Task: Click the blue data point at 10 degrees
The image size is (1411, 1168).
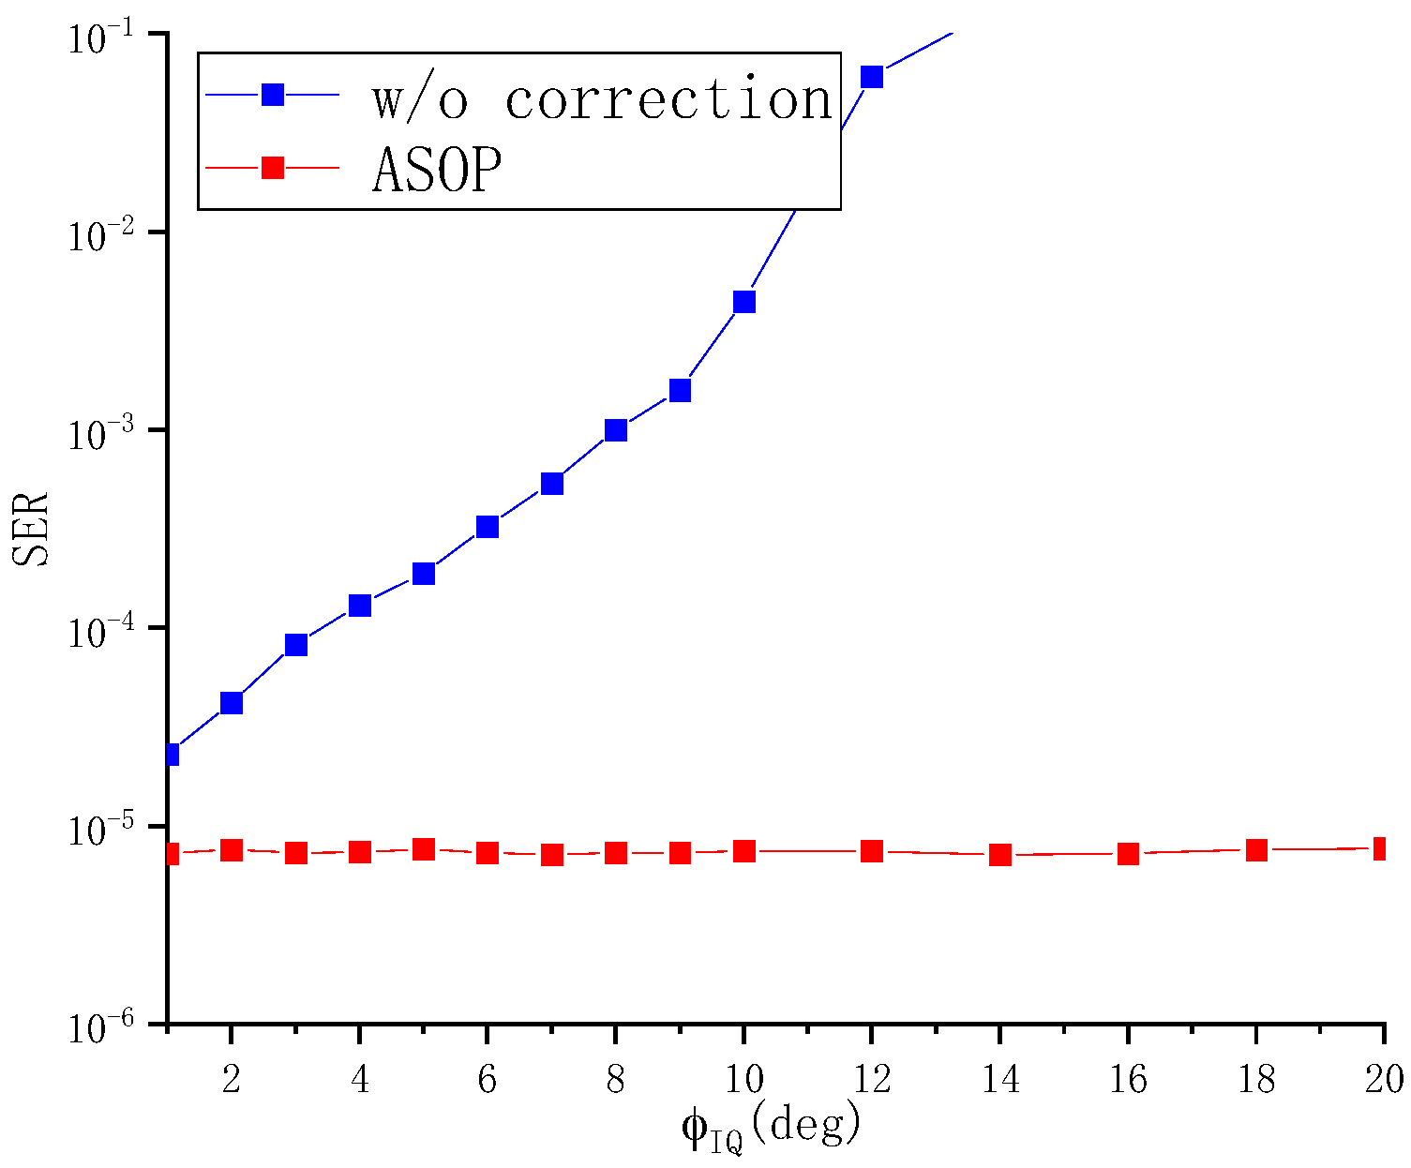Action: pyautogui.click(x=744, y=302)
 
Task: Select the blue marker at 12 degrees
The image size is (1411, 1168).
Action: pyautogui.click(x=872, y=77)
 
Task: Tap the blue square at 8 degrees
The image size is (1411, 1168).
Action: pyautogui.click(x=616, y=430)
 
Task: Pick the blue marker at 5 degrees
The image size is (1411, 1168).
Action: pyautogui.click(x=424, y=573)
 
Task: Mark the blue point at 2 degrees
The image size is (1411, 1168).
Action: pyautogui.click(x=232, y=703)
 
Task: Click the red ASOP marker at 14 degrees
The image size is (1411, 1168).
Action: pyautogui.click(x=1000, y=854)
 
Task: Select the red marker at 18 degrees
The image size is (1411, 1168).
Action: pyautogui.click(x=1256, y=850)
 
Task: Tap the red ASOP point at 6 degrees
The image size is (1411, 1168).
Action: pyautogui.click(x=488, y=853)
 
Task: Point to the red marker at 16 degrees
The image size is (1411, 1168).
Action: pyautogui.click(x=1128, y=854)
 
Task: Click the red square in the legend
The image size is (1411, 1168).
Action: pyautogui.click(x=273, y=168)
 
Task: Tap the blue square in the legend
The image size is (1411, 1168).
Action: pyautogui.click(x=273, y=95)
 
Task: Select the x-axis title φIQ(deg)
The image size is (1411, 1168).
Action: pyautogui.click(x=771, y=1128)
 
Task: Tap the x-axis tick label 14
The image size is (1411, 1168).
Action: pyautogui.click(x=1000, y=1080)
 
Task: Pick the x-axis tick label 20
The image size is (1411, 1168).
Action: pyautogui.click(x=1383, y=1080)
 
